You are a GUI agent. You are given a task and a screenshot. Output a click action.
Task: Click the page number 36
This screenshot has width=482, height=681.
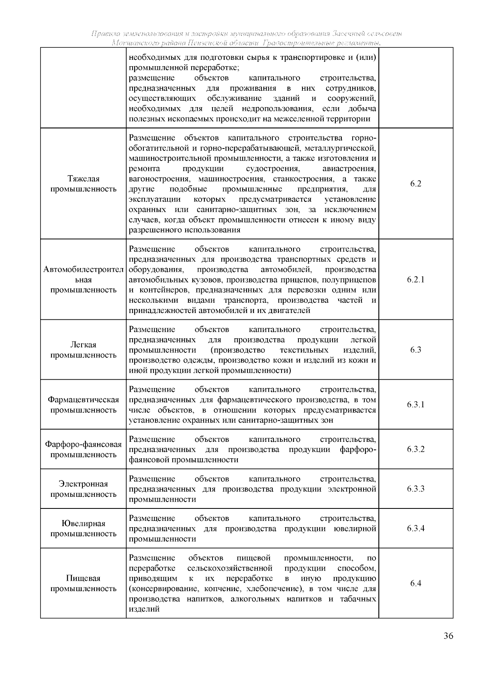449,647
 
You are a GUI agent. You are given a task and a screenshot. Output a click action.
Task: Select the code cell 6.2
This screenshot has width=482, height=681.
416,184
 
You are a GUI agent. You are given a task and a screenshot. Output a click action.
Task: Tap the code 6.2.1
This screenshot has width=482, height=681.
416,280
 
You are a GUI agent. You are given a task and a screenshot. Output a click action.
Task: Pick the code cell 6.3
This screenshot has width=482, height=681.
416,350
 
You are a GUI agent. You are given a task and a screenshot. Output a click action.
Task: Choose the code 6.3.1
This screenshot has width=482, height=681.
416,405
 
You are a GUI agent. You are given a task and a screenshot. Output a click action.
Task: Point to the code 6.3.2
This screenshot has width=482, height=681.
416,449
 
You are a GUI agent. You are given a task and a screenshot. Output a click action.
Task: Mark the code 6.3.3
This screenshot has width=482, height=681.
416,489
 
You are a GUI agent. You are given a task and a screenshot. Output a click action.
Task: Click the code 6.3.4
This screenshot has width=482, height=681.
416,529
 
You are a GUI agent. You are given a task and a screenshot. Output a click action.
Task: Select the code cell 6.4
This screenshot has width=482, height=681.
416,583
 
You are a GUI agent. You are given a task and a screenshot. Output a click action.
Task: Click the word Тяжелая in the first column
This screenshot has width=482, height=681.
84,179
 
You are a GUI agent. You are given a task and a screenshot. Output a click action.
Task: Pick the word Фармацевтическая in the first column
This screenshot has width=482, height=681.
84,400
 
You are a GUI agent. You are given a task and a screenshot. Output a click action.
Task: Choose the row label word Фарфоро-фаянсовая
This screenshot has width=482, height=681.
84,445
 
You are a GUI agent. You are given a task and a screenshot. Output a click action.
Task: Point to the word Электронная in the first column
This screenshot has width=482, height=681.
84,484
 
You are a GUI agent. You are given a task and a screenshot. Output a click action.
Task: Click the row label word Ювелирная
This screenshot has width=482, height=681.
84,524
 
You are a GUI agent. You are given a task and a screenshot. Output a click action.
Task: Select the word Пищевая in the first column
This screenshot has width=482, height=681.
84,579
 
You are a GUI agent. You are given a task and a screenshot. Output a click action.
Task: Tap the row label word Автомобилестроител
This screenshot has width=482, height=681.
84,270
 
